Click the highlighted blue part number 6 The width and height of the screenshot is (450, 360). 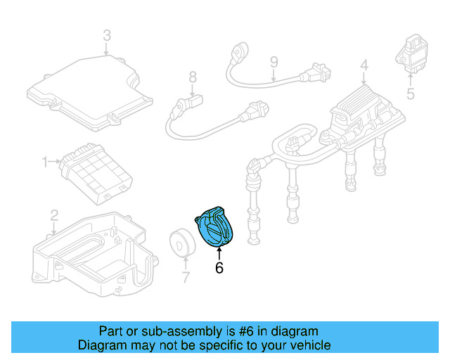[216, 226]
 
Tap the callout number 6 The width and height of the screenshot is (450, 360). [219, 267]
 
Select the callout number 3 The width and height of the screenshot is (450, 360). [106, 35]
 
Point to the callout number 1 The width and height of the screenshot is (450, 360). [46, 162]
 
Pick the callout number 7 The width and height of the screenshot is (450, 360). [185, 277]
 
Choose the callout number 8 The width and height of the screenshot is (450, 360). [191, 77]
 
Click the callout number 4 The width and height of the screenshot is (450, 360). [364, 66]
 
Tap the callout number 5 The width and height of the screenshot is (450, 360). [411, 92]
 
